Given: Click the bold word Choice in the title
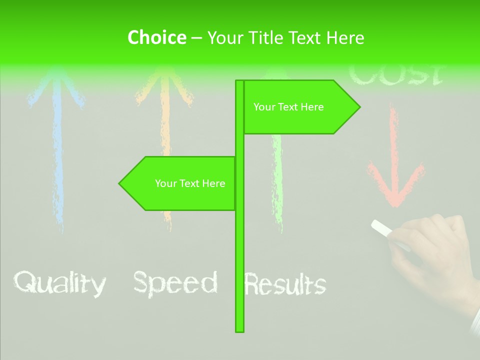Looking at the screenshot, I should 156,37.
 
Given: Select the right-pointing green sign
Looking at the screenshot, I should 300,107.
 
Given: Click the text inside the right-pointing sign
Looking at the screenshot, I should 288,107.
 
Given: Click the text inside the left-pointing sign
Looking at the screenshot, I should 190,183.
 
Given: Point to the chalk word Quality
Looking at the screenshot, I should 59,283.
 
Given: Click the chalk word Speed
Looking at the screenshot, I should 175,283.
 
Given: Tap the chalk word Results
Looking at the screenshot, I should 285,285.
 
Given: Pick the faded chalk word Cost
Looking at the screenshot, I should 395,75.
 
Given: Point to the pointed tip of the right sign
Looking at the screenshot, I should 358,107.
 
